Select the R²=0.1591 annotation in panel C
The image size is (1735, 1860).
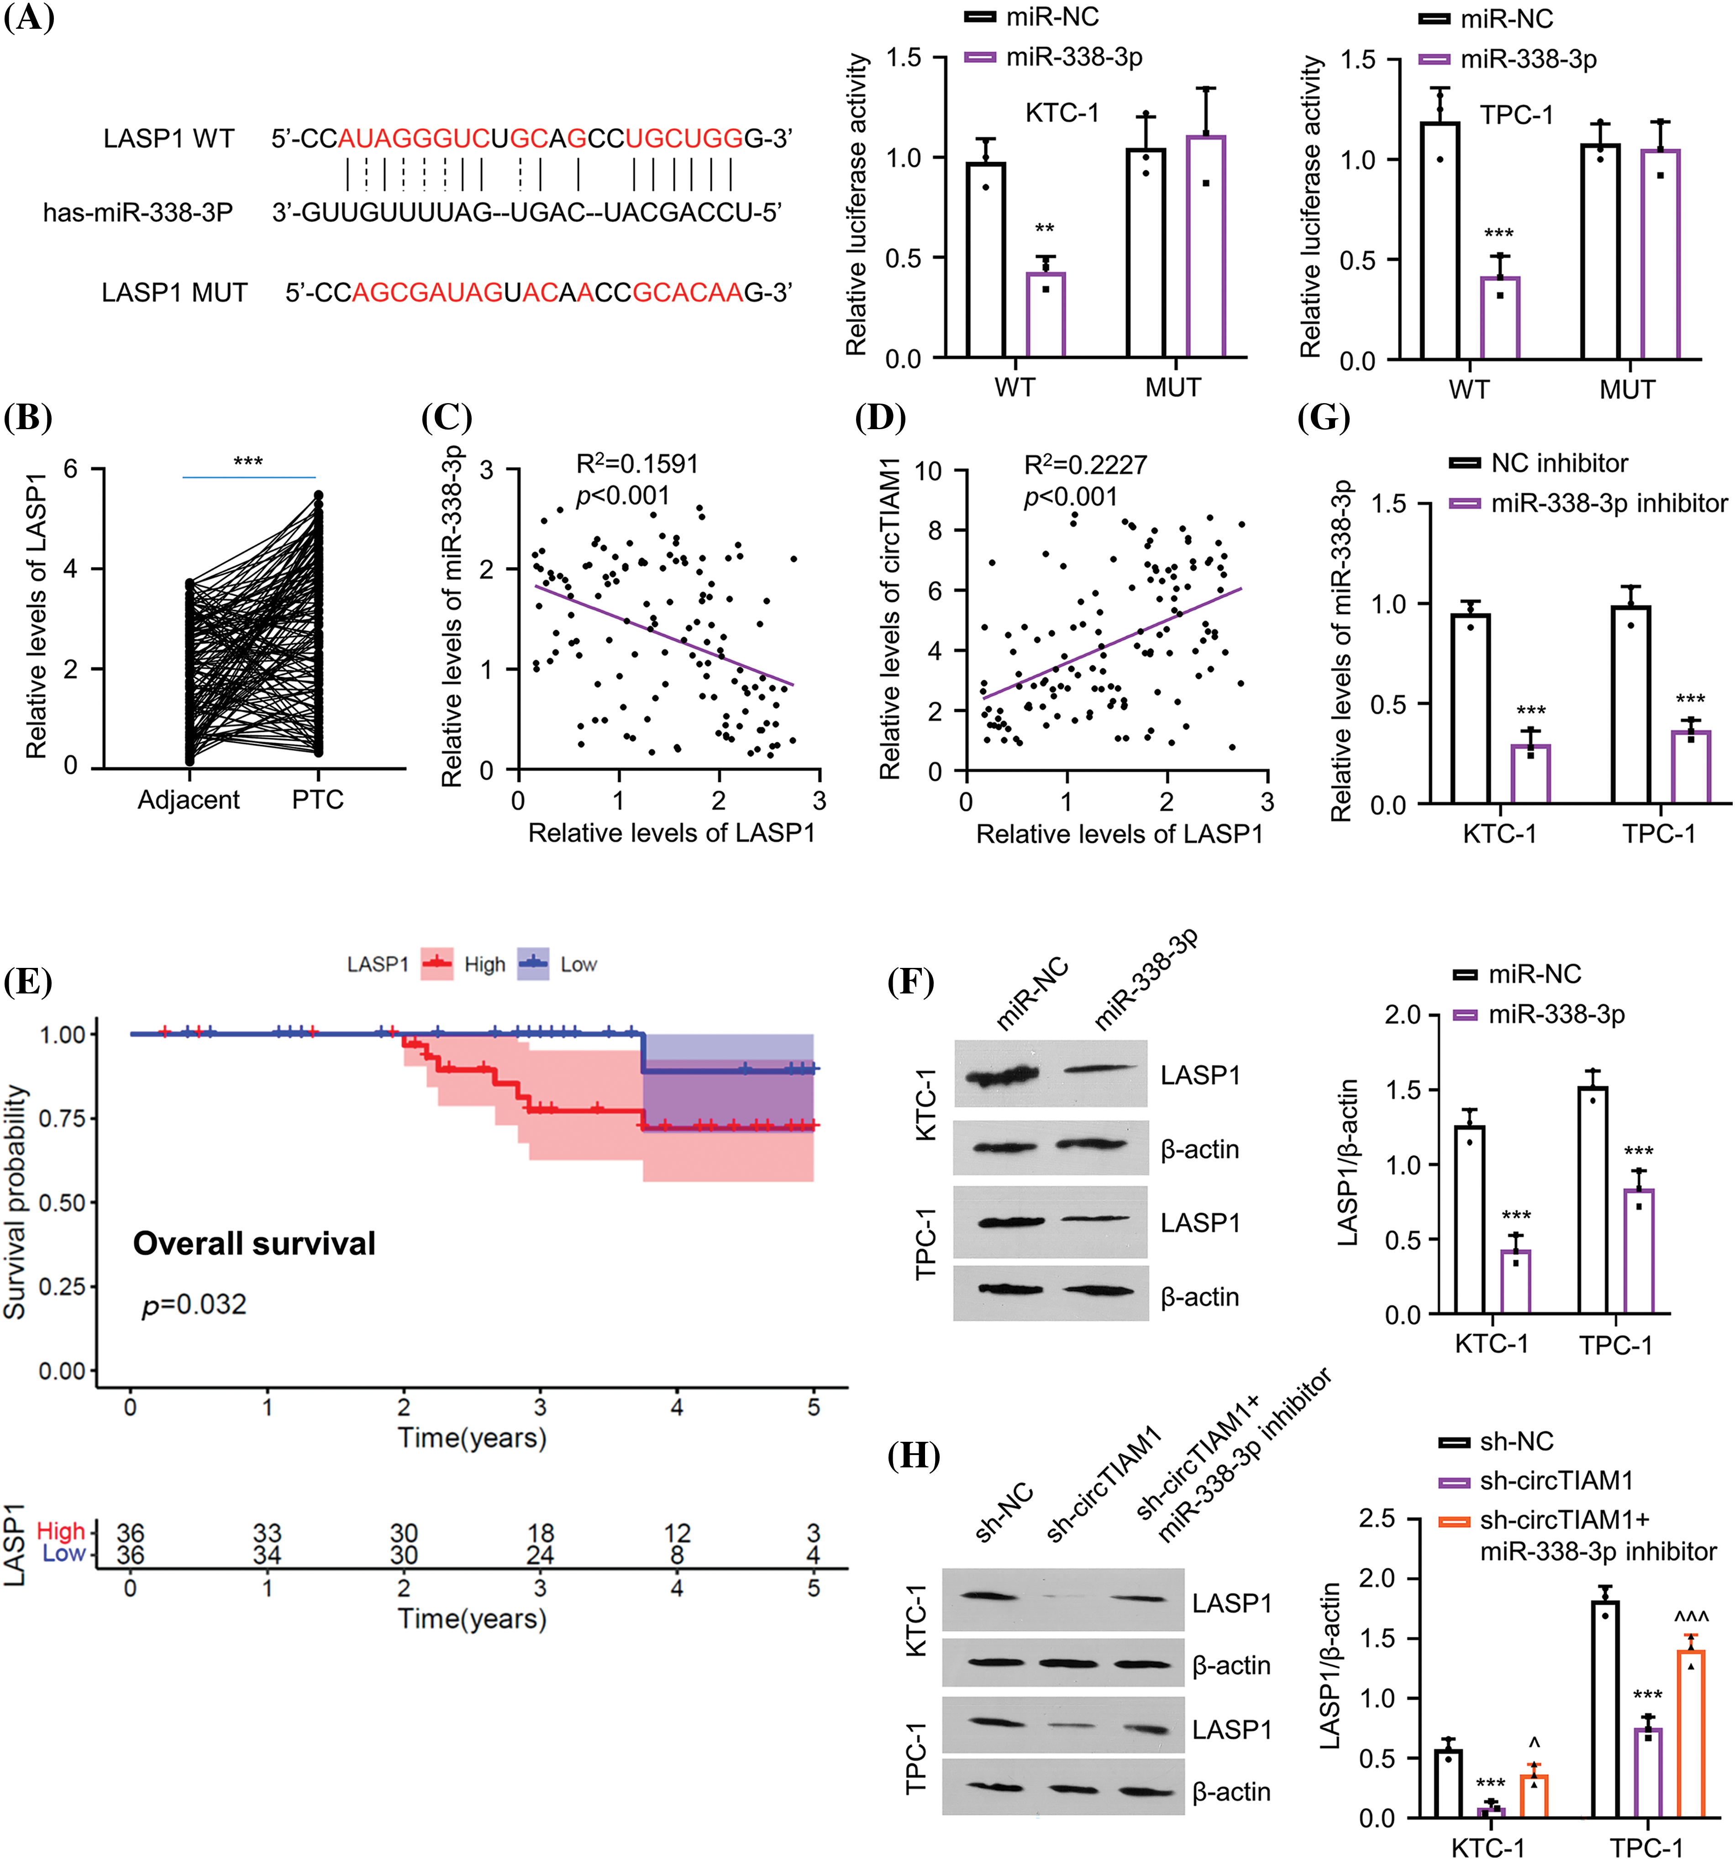pos(636,464)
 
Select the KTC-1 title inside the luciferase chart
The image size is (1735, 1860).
pos(1062,113)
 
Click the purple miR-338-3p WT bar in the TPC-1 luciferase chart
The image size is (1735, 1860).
pos(1499,318)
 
